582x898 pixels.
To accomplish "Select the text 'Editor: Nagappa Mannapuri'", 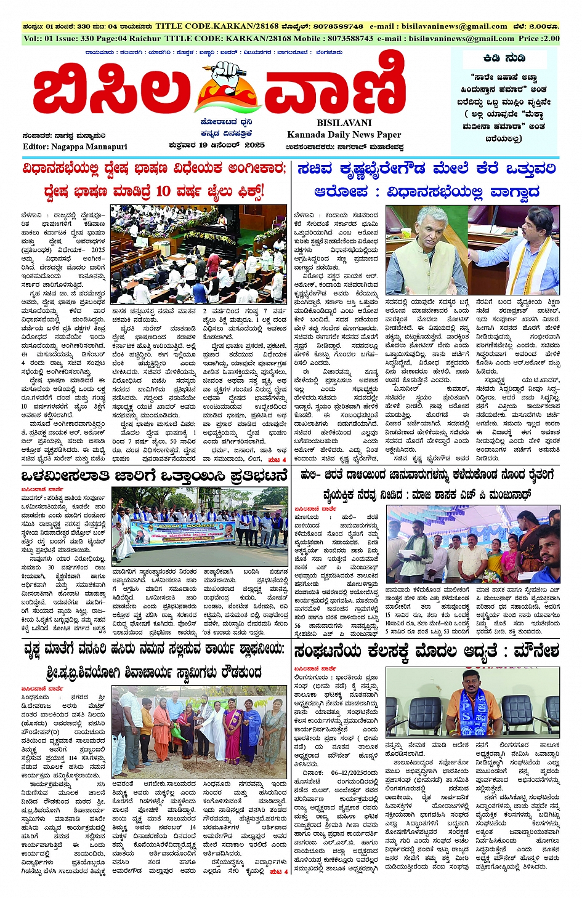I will (75, 146).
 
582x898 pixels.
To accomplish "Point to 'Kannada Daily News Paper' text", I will (344, 134).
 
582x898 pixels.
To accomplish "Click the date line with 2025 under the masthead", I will (217, 145).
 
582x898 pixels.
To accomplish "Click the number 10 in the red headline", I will (163, 191).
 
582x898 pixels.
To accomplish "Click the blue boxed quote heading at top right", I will (504, 58).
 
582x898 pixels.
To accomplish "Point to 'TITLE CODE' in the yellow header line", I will (195, 38).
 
